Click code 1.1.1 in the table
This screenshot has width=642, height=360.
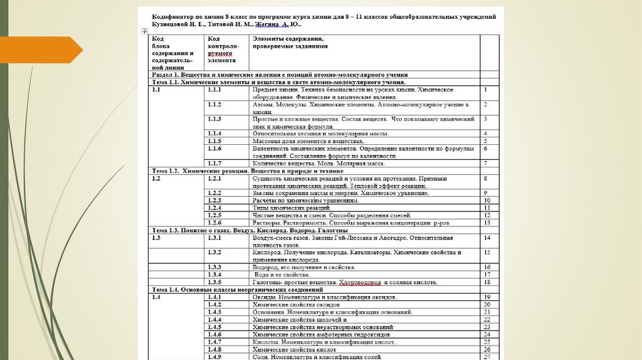click(215, 90)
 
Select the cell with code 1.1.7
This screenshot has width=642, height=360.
click(215, 163)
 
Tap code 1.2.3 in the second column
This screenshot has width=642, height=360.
click(215, 200)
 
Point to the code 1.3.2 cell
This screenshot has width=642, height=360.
click(215, 252)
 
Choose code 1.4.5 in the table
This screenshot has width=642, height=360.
click(215, 327)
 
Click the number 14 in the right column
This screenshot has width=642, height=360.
click(487, 238)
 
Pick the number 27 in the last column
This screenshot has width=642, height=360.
click(487, 357)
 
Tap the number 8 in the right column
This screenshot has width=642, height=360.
click(486, 179)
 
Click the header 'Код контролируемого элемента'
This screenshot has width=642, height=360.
click(223, 50)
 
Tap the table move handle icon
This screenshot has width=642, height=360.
click(144, 30)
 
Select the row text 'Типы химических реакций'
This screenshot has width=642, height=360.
click(292, 208)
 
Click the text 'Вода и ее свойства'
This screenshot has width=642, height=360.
click(283, 275)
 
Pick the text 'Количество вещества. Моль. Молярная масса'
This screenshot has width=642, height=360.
click(318, 163)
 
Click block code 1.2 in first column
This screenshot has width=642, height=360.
click(157, 179)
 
